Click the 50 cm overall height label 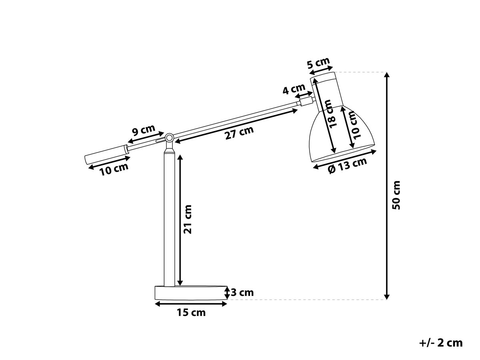pyautogui.click(x=396, y=195)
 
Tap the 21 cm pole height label pyautogui.click(x=188, y=219)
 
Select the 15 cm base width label pyautogui.click(x=191, y=312)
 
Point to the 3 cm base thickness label pyautogui.click(x=242, y=292)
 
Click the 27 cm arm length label pyautogui.click(x=240, y=133)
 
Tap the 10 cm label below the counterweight pyautogui.click(x=114, y=169)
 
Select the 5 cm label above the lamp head pyautogui.click(x=318, y=63)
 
